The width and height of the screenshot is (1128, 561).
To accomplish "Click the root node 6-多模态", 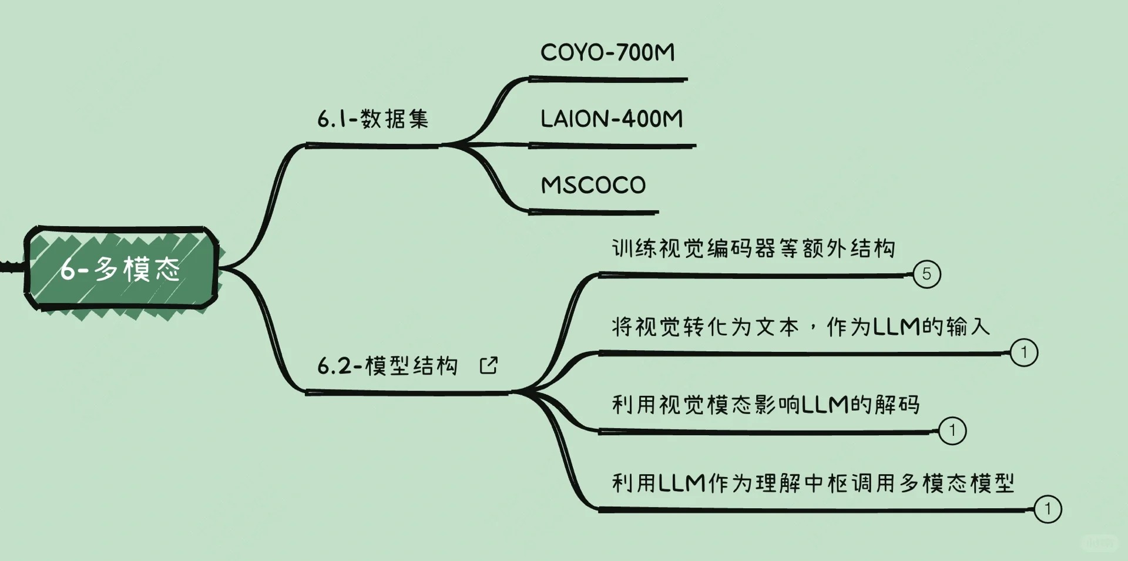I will (x=120, y=268).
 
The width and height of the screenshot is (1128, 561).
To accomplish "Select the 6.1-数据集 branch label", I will (x=372, y=119).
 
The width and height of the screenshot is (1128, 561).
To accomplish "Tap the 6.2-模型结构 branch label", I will (x=387, y=366).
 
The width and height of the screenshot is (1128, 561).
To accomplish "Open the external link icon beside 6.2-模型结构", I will (x=488, y=365).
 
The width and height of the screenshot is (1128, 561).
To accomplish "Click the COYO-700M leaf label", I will (x=607, y=53).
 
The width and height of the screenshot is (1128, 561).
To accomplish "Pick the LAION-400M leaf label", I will (x=612, y=119).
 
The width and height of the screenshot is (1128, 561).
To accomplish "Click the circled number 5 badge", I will (x=926, y=274).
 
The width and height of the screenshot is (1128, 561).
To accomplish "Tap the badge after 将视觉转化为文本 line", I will (x=1023, y=352).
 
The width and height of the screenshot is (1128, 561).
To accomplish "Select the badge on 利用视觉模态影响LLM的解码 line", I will (x=952, y=431).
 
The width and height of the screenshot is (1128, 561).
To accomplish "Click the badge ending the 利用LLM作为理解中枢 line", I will (x=1047, y=509).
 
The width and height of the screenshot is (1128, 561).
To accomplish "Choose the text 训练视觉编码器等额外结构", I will (x=753, y=248).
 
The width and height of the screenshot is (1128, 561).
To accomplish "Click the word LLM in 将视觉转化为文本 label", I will (x=896, y=327).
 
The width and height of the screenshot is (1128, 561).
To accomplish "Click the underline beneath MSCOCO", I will (x=593, y=211).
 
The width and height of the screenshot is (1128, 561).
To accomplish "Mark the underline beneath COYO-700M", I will (x=608, y=79).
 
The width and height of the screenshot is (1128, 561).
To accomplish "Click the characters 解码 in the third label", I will (x=897, y=405).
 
